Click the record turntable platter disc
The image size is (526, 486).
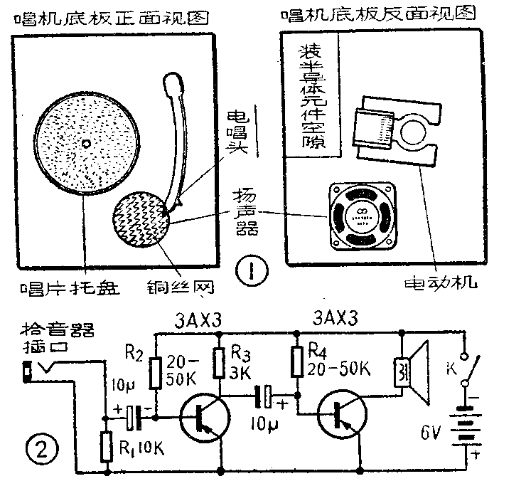click(85, 144)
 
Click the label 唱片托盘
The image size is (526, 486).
click(68, 288)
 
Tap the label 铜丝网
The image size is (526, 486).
click(181, 288)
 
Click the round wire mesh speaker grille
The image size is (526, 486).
click(140, 216)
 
